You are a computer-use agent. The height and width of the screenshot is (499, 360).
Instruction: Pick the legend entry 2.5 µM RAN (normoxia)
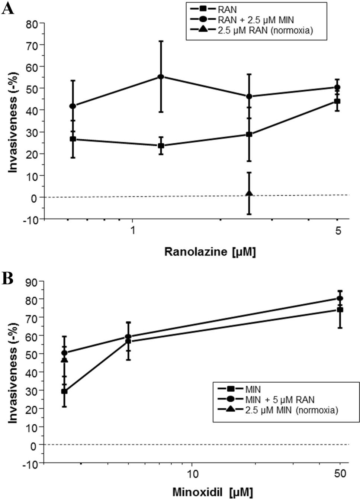click(x=265, y=30)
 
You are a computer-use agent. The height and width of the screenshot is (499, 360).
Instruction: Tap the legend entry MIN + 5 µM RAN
click(x=280, y=400)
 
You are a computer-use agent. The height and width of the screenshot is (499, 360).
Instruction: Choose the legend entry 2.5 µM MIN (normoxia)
click(x=291, y=410)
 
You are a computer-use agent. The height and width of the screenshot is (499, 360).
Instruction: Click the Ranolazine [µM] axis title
click(x=210, y=252)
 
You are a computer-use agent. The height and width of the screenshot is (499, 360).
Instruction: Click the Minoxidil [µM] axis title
click(x=212, y=492)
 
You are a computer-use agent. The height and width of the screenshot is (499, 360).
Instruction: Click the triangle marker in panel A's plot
click(x=249, y=194)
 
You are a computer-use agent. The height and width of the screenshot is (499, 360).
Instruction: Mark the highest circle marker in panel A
click(x=161, y=77)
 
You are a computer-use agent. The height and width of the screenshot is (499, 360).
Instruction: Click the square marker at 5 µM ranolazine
click(x=337, y=101)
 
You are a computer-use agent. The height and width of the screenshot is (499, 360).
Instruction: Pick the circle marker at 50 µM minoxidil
click(x=340, y=298)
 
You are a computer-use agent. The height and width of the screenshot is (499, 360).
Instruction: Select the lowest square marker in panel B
click(x=64, y=391)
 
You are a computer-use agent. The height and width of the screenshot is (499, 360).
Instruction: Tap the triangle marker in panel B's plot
click(x=64, y=360)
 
